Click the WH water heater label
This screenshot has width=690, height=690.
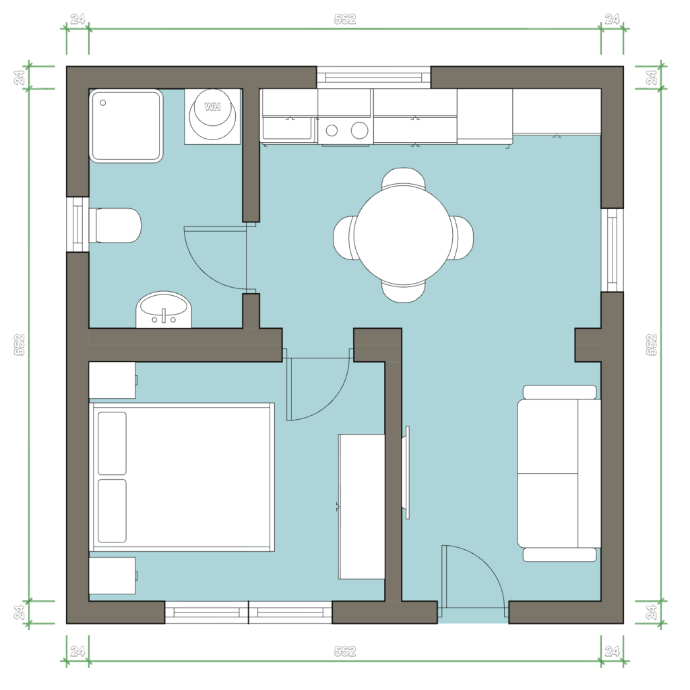[212, 106]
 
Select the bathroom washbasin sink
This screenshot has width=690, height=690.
[164, 310]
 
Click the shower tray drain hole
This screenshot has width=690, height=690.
[103, 102]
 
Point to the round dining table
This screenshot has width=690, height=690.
[403, 235]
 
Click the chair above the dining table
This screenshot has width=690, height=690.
[404, 177]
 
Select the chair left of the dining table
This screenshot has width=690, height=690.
[344, 238]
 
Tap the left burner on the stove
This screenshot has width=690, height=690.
[332, 130]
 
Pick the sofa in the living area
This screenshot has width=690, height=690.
[559, 473]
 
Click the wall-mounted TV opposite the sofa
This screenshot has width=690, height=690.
[407, 472]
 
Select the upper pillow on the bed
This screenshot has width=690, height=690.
[113, 443]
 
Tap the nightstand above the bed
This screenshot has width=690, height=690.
[113, 380]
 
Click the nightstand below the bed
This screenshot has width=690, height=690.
[113, 575]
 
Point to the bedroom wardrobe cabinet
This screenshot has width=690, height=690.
[362, 507]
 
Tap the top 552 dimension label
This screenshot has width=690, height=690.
[345, 20]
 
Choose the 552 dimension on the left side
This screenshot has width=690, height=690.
[20, 345]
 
